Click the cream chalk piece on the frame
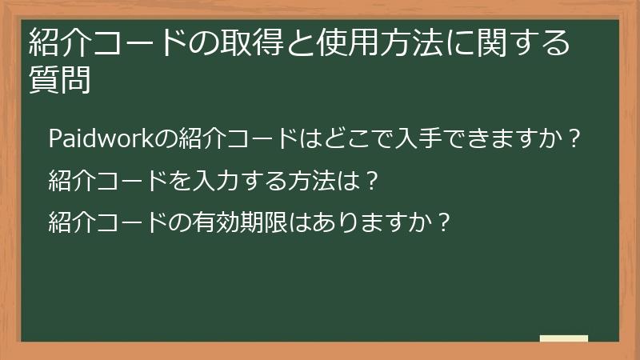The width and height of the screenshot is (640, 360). point(564,339)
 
